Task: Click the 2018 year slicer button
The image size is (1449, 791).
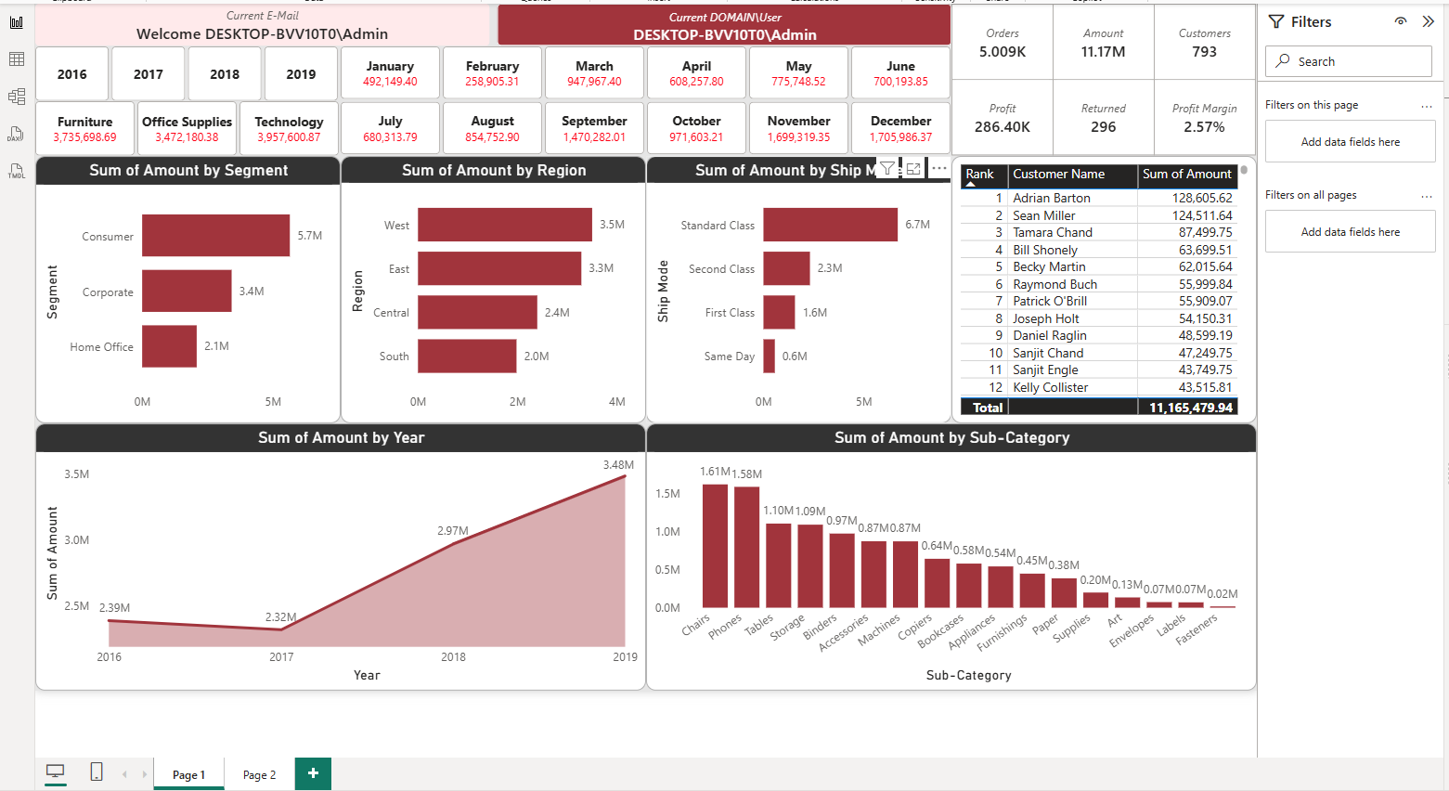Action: click(x=225, y=73)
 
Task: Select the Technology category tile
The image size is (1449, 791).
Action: click(x=289, y=129)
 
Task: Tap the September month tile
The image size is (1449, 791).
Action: click(x=594, y=129)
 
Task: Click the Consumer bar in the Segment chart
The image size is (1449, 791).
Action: click(x=215, y=236)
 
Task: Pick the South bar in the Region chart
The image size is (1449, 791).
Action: click(x=467, y=357)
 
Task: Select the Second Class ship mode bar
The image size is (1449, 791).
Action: click(x=786, y=268)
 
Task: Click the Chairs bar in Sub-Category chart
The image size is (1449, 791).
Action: click(x=715, y=546)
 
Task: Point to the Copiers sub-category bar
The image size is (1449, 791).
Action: click(x=937, y=583)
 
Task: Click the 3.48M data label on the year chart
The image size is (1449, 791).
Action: click(x=618, y=465)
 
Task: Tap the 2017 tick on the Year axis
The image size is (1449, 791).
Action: click(x=281, y=657)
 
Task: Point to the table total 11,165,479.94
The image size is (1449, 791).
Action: click(x=1191, y=408)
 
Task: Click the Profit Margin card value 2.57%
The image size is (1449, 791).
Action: click(x=1204, y=127)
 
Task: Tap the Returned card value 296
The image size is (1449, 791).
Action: click(x=1103, y=127)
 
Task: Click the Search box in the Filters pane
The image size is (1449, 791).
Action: click(x=1348, y=61)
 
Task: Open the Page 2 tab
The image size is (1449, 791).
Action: click(x=259, y=774)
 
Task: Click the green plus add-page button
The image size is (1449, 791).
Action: click(x=313, y=773)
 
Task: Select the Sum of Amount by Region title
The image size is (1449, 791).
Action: click(x=494, y=170)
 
